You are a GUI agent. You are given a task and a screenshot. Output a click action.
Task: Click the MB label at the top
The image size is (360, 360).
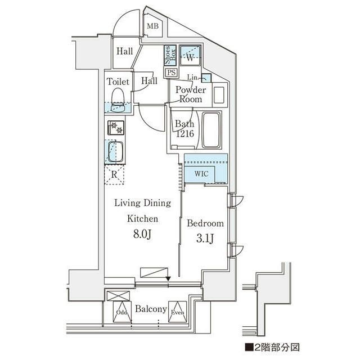152,26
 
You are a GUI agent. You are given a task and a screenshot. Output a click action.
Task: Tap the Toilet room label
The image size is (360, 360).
118,82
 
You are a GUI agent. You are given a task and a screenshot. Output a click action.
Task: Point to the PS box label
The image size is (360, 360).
170,72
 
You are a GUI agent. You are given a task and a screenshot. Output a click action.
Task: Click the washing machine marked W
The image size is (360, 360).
190,57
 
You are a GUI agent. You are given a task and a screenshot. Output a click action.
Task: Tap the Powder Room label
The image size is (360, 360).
190,94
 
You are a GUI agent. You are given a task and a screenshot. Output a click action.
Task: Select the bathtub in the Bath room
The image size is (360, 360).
212,130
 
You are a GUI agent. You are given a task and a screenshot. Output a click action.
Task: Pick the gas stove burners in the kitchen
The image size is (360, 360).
116,128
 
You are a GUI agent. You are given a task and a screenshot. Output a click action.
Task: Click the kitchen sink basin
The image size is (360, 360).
116,152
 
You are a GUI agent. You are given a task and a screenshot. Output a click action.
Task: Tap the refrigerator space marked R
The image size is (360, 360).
115,174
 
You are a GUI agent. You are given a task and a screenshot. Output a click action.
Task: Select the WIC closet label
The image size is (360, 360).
202,174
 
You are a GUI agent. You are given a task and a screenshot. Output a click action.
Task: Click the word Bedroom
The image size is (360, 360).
205,223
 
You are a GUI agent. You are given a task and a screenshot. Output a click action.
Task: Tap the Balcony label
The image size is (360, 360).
151,309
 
